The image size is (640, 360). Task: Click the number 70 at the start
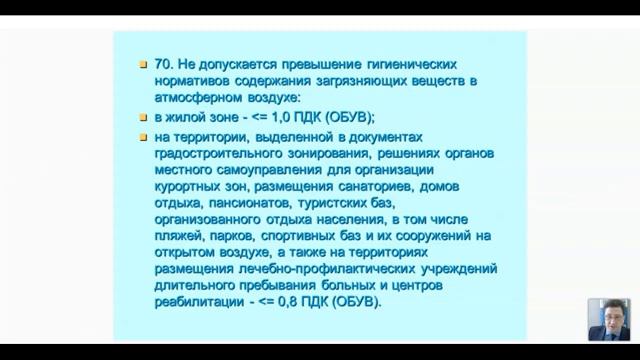tap(164, 61)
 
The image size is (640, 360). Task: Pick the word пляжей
tap(181, 235)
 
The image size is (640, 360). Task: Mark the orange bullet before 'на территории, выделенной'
tap(143, 136)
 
